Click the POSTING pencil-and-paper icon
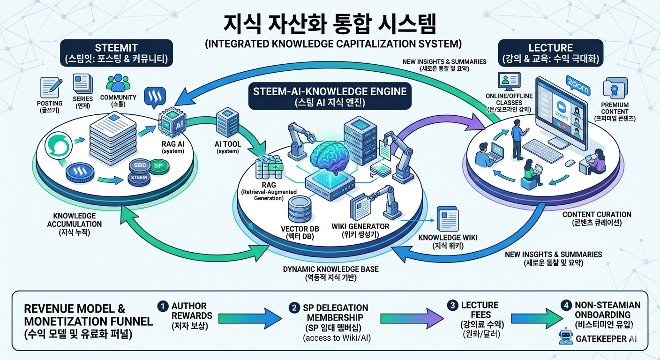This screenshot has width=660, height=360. click(50, 87)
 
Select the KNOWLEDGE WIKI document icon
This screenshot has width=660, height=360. click(448, 219)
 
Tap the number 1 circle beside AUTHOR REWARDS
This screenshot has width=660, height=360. click(163, 306)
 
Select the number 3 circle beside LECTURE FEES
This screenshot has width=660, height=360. click(452, 306)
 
